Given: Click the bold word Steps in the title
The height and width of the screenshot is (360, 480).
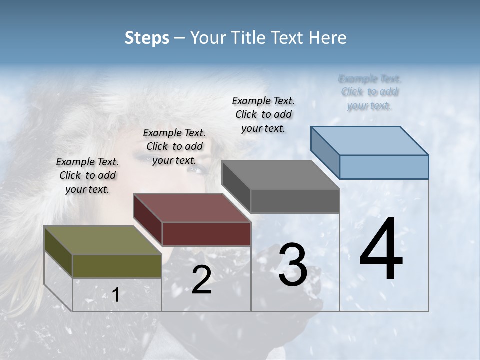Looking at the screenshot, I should click(x=147, y=38).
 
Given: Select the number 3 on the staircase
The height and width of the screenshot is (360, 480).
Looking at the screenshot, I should click(x=293, y=265).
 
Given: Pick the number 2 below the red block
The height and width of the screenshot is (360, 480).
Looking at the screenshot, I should click(x=201, y=280).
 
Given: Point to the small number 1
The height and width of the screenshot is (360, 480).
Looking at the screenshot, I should click(x=116, y=295).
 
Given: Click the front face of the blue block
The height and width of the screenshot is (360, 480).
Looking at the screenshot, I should click(x=384, y=167).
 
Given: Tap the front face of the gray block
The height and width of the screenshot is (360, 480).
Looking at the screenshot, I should click(x=295, y=201).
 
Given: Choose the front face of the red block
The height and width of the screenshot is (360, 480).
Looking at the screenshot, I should click(x=206, y=234).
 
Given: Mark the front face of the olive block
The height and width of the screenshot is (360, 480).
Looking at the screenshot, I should click(x=117, y=266).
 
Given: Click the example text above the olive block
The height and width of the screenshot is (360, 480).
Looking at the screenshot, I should click(x=87, y=175).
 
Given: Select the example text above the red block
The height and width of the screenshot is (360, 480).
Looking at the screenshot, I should click(x=174, y=146).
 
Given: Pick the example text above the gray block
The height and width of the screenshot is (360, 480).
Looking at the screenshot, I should click(x=263, y=114).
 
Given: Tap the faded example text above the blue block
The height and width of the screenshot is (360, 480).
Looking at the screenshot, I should click(x=370, y=92).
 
